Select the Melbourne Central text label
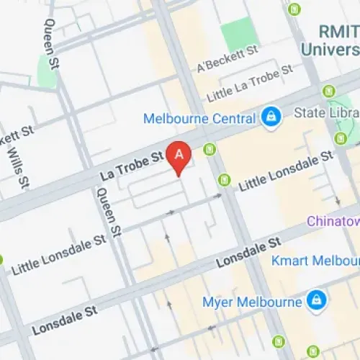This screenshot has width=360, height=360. [x=199, y=118]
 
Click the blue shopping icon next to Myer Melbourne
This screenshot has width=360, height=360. [x=315, y=300]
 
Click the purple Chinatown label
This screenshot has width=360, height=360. [x=333, y=221]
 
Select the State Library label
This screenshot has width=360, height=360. [x=327, y=113]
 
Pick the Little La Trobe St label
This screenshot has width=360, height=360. [x=250, y=85]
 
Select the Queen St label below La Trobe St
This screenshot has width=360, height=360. [x=108, y=212]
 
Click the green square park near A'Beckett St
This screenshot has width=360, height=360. [x=238, y=34]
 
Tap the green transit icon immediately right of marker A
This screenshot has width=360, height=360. [x=210, y=150]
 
